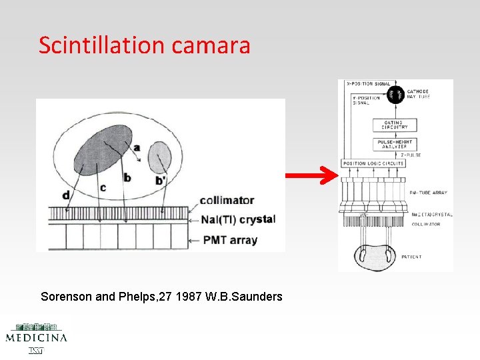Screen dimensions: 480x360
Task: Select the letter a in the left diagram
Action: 137,147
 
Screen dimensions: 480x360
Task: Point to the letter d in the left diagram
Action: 65,195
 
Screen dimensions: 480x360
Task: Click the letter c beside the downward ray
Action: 102,187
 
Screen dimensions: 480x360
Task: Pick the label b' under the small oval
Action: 160,180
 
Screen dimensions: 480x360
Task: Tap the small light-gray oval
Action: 159,157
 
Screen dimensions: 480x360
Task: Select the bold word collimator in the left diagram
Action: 227,200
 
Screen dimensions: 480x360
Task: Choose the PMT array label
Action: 231,239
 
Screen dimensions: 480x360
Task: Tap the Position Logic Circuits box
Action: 373,163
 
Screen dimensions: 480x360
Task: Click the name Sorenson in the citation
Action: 65,296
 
